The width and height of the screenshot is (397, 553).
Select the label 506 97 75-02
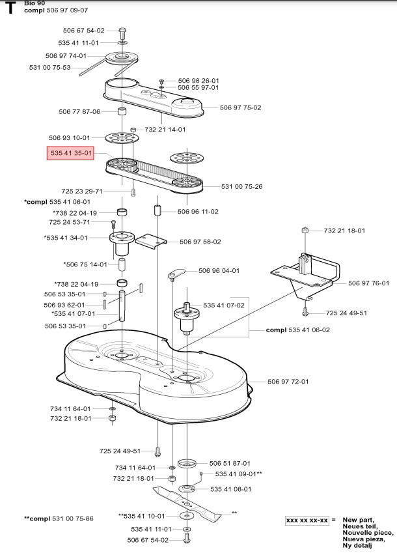click(x=240, y=107)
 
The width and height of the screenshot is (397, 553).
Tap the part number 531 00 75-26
click(x=241, y=187)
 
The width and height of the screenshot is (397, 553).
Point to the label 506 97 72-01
click(x=288, y=382)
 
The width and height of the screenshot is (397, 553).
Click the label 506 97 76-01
click(x=368, y=283)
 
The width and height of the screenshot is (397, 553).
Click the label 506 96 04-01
click(x=219, y=270)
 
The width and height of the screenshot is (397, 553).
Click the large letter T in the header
click(x=10, y=8)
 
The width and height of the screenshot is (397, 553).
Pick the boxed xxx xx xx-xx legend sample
click(x=307, y=521)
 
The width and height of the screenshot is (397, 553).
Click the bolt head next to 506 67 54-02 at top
click(x=122, y=31)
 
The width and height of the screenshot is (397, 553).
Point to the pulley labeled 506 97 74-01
click(x=121, y=57)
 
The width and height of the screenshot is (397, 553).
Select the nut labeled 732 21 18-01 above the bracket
click(x=304, y=231)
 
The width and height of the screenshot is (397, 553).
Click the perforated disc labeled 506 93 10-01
click(x=120, y=138)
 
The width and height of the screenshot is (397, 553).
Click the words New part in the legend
click(x=359, y=520)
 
